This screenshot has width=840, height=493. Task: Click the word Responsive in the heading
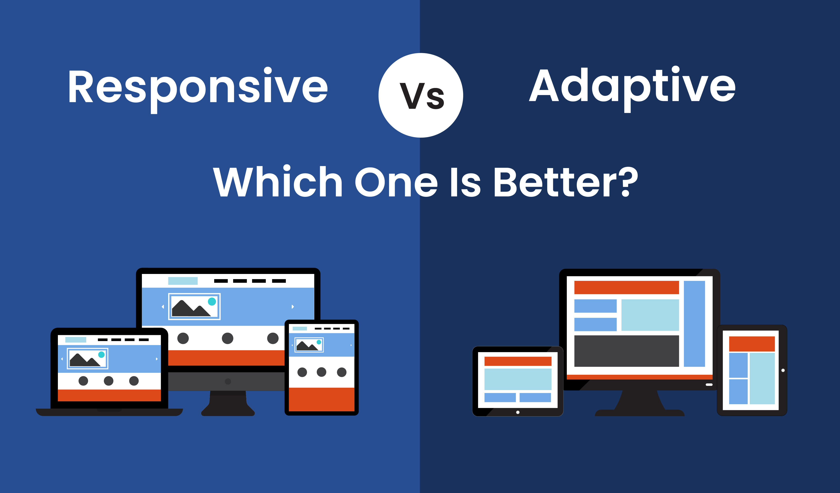[198, 89]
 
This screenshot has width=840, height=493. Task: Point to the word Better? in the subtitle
[566, 182]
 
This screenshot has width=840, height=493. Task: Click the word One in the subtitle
[396, 182]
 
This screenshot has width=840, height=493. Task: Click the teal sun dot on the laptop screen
[101, 355]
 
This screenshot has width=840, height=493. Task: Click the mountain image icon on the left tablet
[309, 345]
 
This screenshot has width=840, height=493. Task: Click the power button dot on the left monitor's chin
[228, 381]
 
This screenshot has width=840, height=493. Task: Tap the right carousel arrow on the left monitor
[293, 307]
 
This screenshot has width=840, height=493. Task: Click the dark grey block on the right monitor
[627, 351]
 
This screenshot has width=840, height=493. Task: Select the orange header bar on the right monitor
[627, 287]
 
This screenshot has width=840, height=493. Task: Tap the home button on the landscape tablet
[518, 412]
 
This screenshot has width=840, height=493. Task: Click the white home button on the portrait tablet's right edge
[783, 370]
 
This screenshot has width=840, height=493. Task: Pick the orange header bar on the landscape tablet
[518, 361]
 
